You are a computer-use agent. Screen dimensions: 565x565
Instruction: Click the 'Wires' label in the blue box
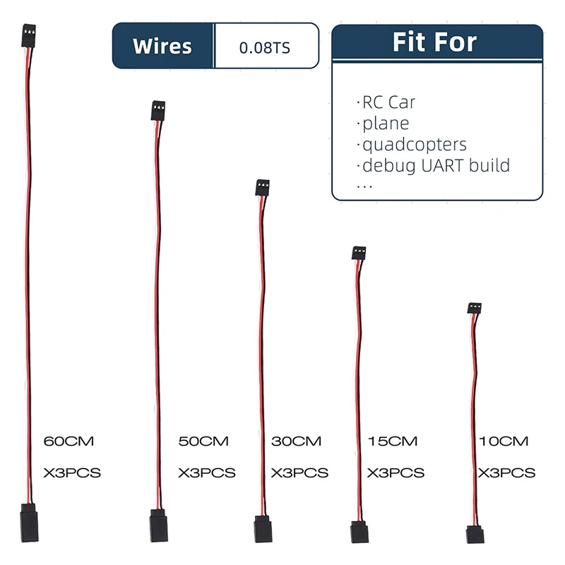(162, 47)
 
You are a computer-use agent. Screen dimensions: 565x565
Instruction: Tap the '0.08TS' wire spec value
(265, 47)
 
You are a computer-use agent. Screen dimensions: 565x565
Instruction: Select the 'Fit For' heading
(435, 42)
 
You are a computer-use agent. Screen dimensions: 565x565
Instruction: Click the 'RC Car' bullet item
(388, 102)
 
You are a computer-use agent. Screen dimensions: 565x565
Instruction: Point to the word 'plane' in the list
(385, 124)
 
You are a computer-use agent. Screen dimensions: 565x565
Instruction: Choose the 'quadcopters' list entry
(414, 145)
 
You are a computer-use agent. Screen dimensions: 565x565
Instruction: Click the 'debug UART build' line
(435, 166)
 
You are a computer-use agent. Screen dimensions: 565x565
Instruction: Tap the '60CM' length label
(69, 441)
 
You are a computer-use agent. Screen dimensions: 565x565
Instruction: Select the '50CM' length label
(203, 441)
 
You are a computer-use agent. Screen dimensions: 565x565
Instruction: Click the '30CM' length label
(296, 441)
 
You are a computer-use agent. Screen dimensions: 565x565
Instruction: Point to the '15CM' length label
(393, 441)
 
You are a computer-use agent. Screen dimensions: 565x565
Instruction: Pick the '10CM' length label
(503, 441)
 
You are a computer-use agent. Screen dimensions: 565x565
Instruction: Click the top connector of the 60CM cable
(29, 37)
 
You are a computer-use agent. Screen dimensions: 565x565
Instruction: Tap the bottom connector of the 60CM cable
(29, 523)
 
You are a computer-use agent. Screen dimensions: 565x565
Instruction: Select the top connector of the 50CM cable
(157, 111)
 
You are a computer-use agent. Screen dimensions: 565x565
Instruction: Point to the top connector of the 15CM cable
(359, 253)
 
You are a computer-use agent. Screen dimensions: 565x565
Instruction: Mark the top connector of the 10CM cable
(474, 308)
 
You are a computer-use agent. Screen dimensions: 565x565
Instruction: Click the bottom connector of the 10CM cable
(475, 533)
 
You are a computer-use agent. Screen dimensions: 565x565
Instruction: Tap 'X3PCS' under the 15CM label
(395, 472)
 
